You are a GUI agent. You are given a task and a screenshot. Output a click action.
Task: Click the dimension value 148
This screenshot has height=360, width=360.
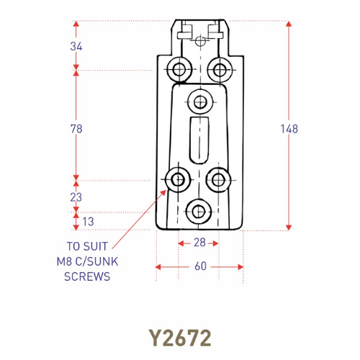(289, 129)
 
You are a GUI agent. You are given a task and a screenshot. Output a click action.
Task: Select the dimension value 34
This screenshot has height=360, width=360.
(77, 46)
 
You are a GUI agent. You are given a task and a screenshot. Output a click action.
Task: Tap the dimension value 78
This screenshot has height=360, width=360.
(77, 129)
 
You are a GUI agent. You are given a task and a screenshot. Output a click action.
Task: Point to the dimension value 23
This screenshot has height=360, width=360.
(77, 197)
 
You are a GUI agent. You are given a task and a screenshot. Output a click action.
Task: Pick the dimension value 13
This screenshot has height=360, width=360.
(87, 221)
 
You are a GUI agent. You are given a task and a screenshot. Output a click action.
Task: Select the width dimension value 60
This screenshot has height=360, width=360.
(200, 266)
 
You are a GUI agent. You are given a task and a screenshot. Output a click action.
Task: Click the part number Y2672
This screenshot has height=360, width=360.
(179, 336)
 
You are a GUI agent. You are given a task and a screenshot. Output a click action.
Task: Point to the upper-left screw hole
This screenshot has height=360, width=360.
(177, 70)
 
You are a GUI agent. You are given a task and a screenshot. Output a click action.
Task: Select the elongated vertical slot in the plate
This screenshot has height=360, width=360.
(198, 141)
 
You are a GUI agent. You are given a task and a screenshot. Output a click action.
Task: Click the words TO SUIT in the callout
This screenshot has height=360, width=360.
(88, 246)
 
